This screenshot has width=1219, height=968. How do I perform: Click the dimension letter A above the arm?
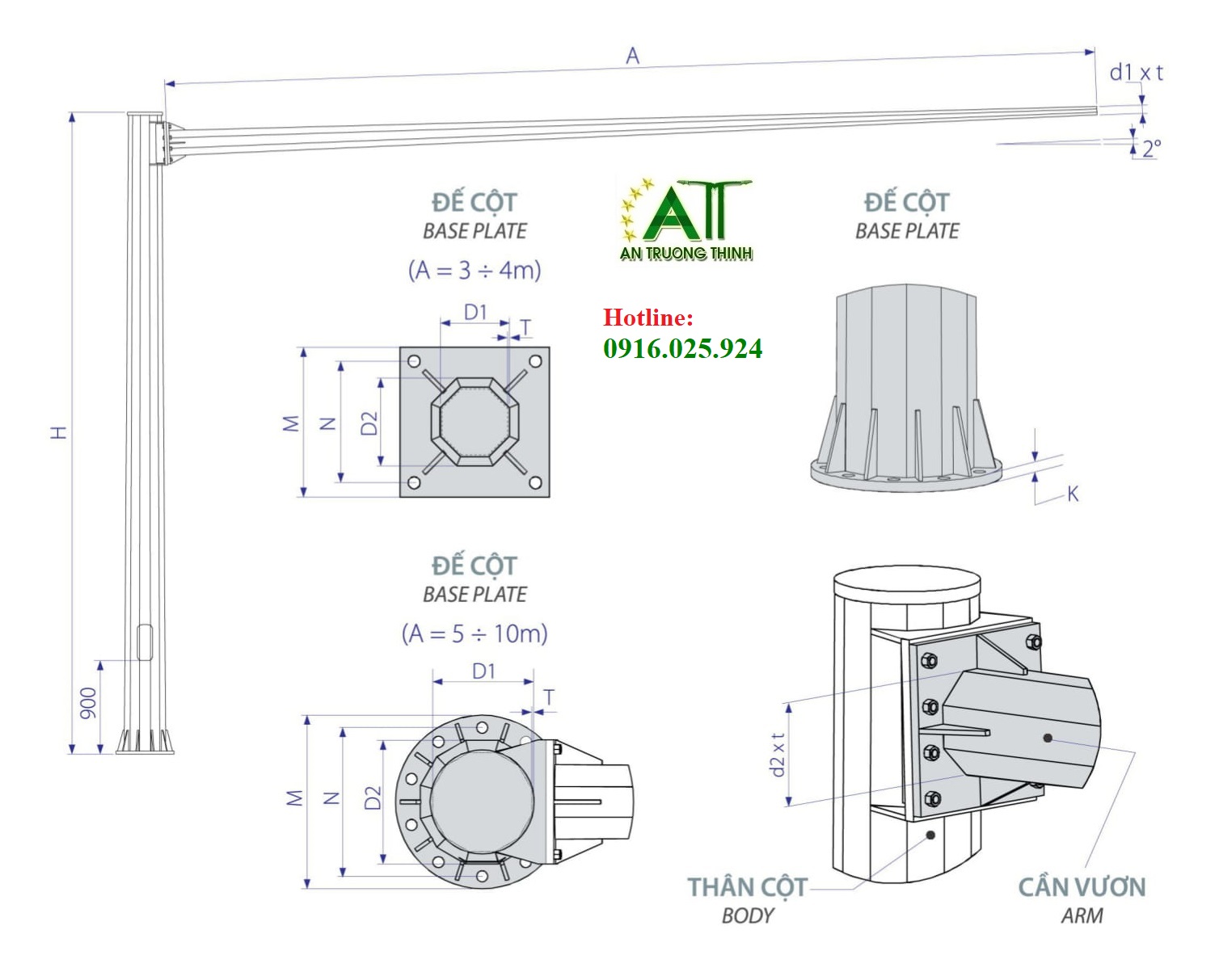pyautogui.click(x=632, y=56)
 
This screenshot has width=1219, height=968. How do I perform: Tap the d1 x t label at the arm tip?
pyautogui.click(x=1136, y=73)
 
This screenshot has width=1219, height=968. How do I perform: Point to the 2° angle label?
pyautogui.click(x=1152, y=148)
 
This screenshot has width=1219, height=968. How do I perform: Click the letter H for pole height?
pyautogui.click(x=59, y=431)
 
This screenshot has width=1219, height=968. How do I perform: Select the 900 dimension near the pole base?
pyautogui.click(x=88, y=703)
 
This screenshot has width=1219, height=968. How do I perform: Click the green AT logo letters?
pyautogui.click(x=687, y=214)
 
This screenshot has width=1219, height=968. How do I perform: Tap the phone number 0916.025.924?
pyautogui.click(x=682, y=348)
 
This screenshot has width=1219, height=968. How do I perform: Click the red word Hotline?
pyautogui.click(x=647, y=318)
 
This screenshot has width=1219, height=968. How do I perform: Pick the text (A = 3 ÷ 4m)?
pyautogui.click(x=475, y=270)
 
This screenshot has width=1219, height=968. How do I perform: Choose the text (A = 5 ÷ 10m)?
pyautogui.click(x=475, y=633)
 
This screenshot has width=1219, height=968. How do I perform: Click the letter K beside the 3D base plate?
pyautogui.click(x=1073, y=494)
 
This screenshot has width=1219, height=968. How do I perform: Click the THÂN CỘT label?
pyautogui.click(x=747, y=887)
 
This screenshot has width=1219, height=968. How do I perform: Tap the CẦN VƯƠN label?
pyautogui.click(x=1082, y=887)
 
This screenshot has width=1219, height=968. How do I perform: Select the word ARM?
pyautogui.click(x=1082, y=915)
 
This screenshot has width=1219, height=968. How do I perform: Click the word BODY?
pyautogui.click(x=747, y=915)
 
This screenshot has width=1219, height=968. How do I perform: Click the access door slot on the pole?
pyautogui.click(x=145, y=642)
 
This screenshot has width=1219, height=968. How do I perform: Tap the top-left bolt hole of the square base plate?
pyautogui.click(x=414, y=361)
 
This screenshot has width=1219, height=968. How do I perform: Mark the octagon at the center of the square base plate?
pyautogui.click(x=475, y=421)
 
